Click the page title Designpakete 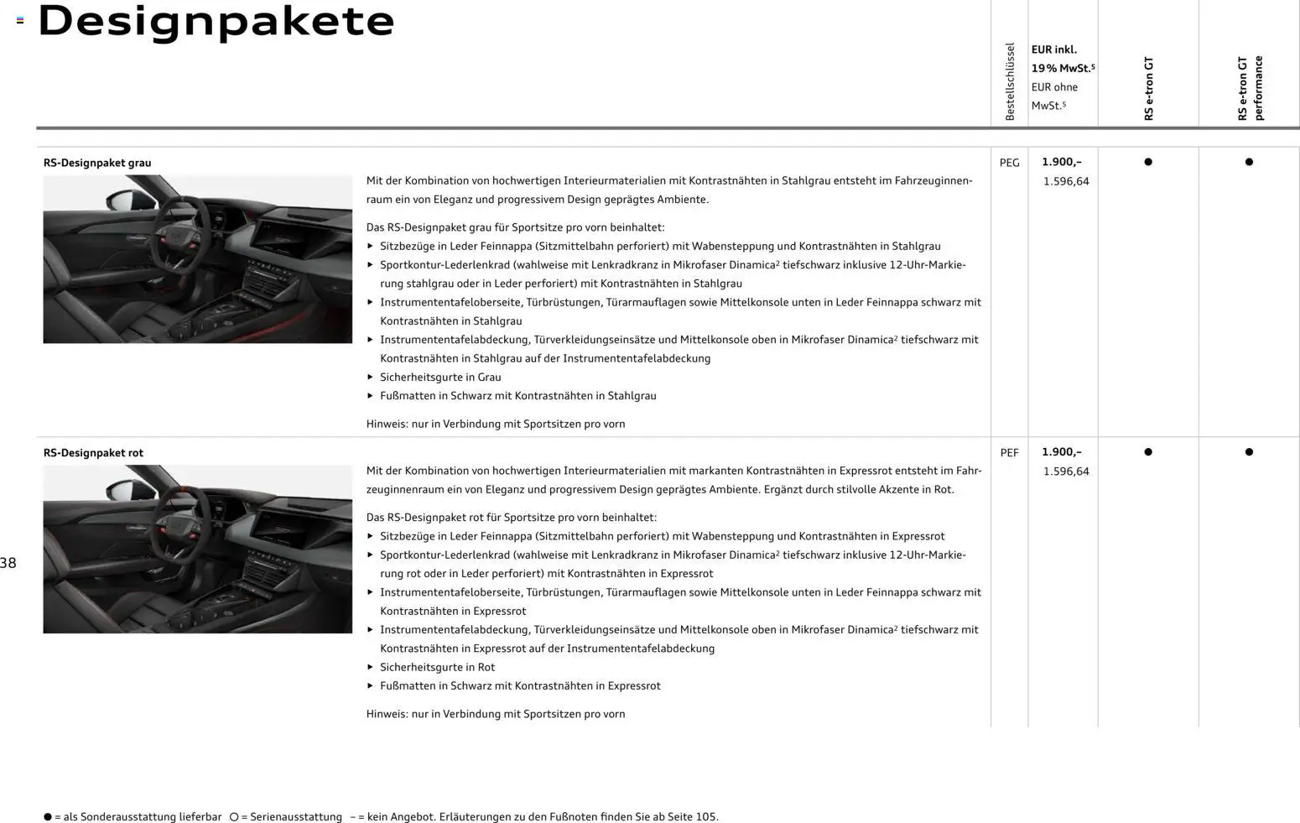(x=216, y=21)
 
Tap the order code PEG (x=1009, y=163)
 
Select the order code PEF (x=1009, y=453)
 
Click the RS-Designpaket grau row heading (x=97, y=163)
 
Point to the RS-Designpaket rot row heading (x=93, y=453)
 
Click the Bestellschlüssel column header (x=1010, y=81)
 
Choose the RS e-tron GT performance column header (x=1250, y=88)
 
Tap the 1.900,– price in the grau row (x=1062, y=162)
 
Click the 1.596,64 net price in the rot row (x=1066, y=471)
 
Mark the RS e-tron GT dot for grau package (x=1148, y=162)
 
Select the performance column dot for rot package (x=1249, y=452)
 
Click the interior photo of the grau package (x=198, y=258)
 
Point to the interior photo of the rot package (x=198, y=549)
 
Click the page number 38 (x=8, y=563)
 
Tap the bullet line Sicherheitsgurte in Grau (x=440, y=378)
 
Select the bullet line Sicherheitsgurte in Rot (x=437, y=668)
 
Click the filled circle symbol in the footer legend (x=48, y=816)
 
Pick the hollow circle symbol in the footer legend (x=234, y=816)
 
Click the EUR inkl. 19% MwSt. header (x=1063, y=59)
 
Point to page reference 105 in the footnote (x=705, y=816)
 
